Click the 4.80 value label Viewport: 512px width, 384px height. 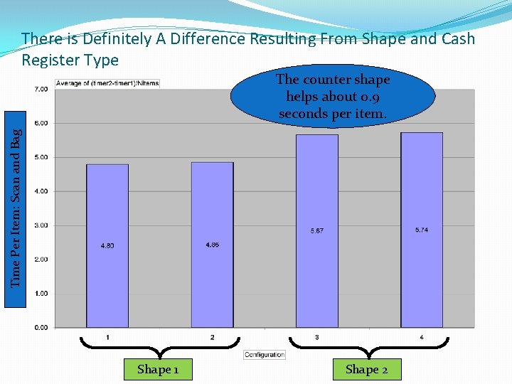point(107,246)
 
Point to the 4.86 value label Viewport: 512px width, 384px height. point(212,245)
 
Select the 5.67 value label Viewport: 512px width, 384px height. point(317,231)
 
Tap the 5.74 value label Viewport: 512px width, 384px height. point(422,230)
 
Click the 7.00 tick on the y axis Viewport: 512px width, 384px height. point(41,90)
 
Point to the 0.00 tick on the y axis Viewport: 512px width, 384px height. point(41,328)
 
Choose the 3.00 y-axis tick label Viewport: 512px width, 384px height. point(41,225)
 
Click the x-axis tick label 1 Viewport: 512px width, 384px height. point(107,337)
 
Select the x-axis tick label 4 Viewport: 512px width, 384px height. point(422,337)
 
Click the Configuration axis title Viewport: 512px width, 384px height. point(265,354)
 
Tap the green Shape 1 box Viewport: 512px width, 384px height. point(158,369)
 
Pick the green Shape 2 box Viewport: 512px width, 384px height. point(366,369)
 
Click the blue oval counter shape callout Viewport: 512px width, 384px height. point(333,97)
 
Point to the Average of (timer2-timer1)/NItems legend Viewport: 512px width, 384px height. point(107,83)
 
